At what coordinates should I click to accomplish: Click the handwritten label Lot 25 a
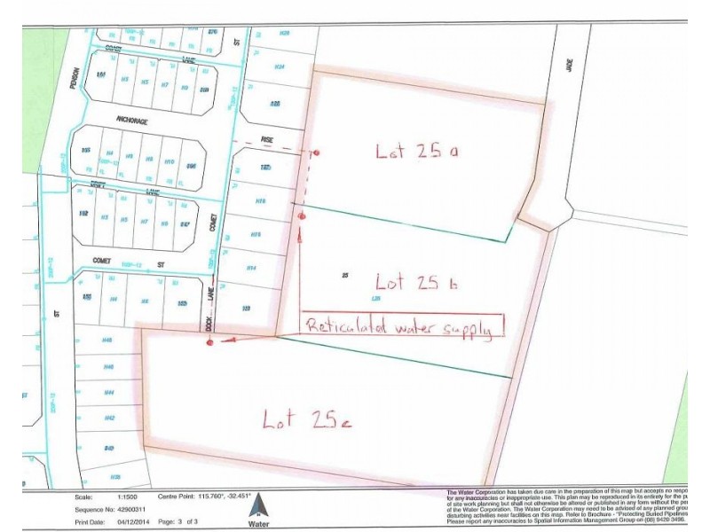tap(415, 152)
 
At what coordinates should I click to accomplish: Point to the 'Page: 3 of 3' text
tap(188, 522)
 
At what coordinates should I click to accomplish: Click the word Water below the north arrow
tap(259, 524)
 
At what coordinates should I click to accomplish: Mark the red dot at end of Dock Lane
tap(210, 342)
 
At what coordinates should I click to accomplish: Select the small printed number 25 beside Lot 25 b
tap(343, 276)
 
